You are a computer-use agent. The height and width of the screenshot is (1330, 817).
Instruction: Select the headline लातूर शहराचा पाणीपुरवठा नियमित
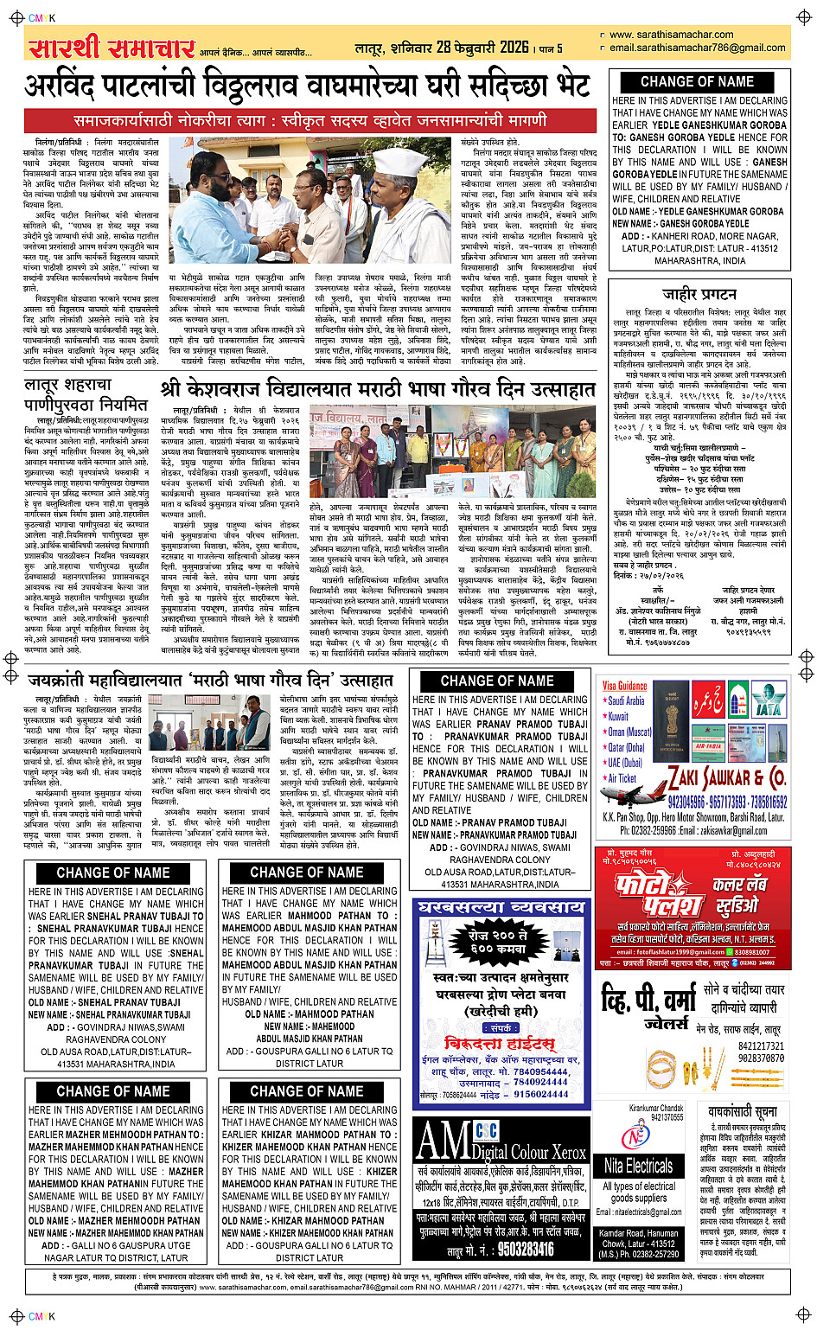click(x=86, y=393)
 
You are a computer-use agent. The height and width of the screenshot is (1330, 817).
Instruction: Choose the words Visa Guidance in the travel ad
click(x=625, y=686)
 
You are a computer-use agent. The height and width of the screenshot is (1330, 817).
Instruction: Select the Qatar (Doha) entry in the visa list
click(x=627, y=747)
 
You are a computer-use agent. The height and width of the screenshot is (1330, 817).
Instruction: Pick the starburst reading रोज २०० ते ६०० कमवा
click(x=503, y=942)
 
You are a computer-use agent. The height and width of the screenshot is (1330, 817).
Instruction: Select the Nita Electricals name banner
click(x=638, y=1165)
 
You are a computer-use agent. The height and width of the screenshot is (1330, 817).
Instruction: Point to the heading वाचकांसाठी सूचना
click(x=742, y=1111)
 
